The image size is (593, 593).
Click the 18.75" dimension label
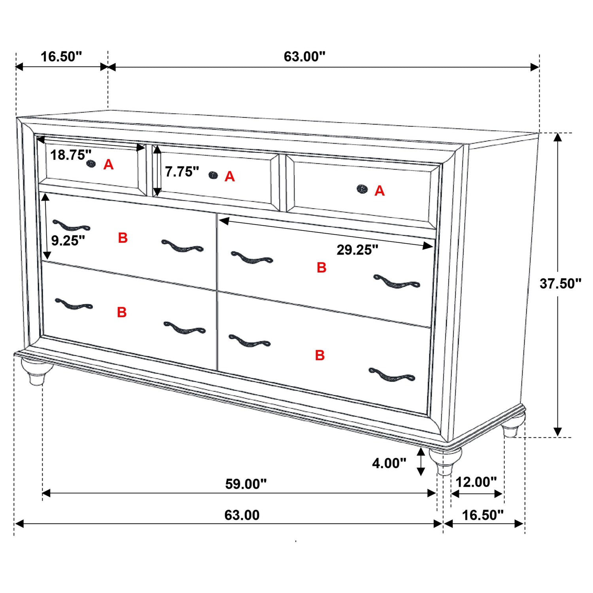(x=70, y=155)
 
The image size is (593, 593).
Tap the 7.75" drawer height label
(x=182, y=172)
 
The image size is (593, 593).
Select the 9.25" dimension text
(x=68, y=240)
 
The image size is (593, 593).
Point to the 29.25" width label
(x=357, y=250)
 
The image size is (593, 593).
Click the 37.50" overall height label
(x=560, y=283)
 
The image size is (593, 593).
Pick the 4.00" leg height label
(x=389, y=463)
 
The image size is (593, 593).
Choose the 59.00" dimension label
(x=246, y=484)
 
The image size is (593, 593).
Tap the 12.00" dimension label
(x=476, y=482)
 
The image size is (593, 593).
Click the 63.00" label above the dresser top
(x=304, y=57)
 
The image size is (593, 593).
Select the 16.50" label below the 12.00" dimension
(x=483, y=515)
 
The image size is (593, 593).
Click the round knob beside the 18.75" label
(x=91, y=163)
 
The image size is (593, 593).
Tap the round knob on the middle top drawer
(x=213, y=175)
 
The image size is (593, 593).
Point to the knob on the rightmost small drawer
(x=362, y=189)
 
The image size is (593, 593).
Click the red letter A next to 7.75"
(x=230, y=177)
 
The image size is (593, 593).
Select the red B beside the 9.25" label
(x=123, y=238)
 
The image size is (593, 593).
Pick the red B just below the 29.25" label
(x=321, y=268)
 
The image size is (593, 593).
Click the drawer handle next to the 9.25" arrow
(x=71, y=226)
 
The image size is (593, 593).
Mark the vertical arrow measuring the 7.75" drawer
(x=157, y=171)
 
